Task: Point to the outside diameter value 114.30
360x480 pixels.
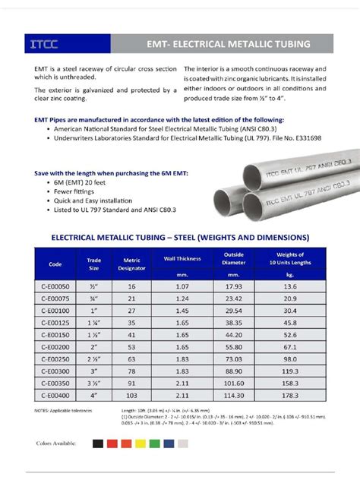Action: [x=233, y=395]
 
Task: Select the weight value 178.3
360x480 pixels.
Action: [x=290, y=395]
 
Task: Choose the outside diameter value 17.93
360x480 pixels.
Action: [x=233, y=286]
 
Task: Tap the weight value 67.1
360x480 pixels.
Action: [x=290, y=347]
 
